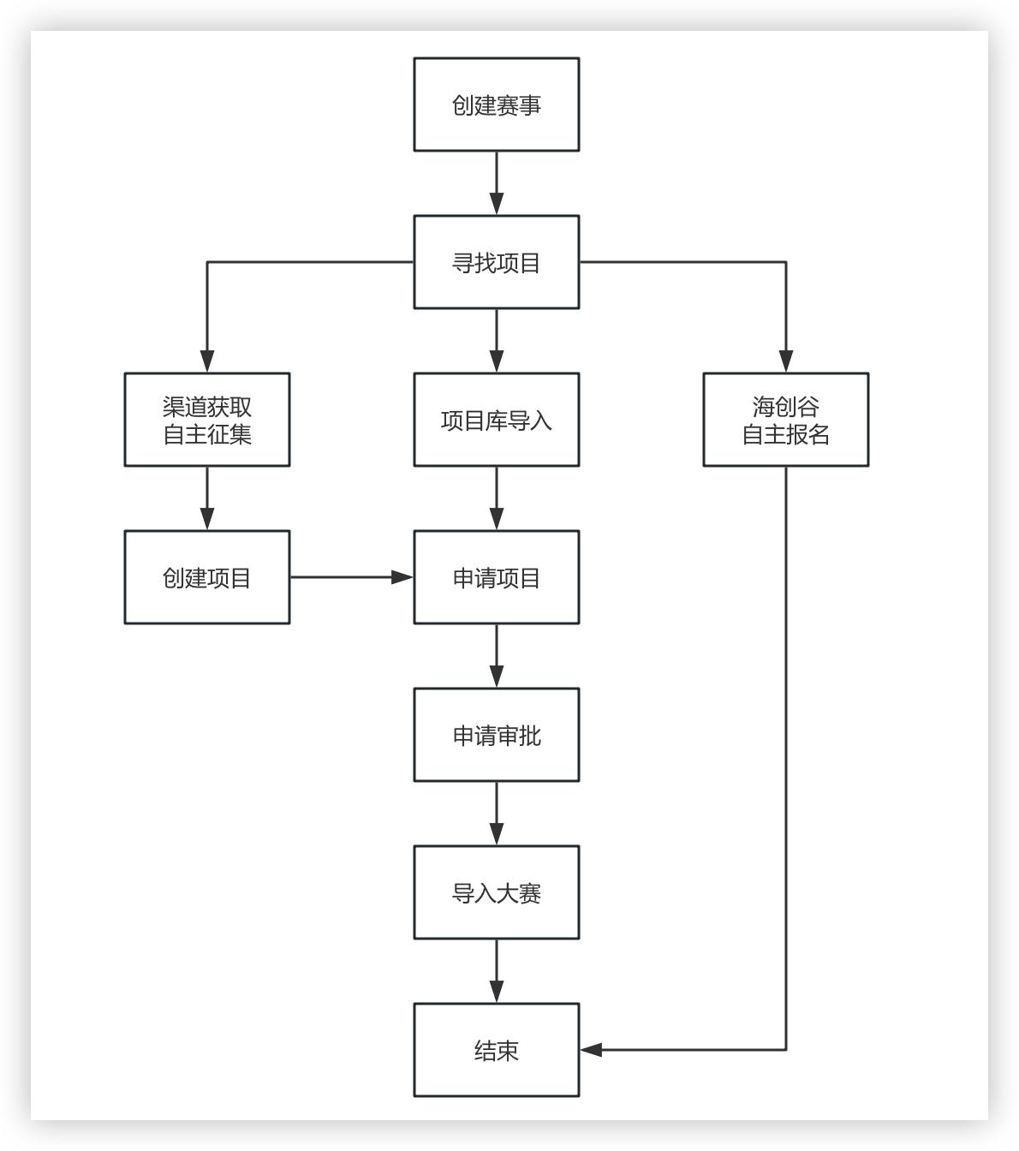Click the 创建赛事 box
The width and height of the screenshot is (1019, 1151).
(x=497, y=104)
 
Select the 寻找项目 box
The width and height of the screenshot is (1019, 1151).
(x=497, y=262)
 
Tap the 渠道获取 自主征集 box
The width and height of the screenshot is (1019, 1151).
(x=207, y=420)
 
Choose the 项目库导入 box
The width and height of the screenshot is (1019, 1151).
(x=497, y=420)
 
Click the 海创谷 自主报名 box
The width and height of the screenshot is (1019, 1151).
(x=786, y=420)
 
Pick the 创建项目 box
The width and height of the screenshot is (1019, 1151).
(x=207, y=577)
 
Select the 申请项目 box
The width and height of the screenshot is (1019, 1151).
(x=497, y=577)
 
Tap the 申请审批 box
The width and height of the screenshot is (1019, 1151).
(x=497, y=735)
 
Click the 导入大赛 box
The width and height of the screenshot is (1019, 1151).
(x=497, y=892)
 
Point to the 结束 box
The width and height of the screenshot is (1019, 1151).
(x=497, y=1050)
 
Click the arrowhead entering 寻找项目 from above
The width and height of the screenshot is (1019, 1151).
(x=497, y=204)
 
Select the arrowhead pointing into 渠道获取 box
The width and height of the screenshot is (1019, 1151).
(x=207, y=361)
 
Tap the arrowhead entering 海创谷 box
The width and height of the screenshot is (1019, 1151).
(x=786, y=361)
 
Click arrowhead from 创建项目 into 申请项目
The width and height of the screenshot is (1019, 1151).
(x=402, y=577)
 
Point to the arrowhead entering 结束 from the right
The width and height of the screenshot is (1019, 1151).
(x=592, y=1050)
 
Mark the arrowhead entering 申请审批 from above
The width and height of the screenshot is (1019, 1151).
(x=497, y=677)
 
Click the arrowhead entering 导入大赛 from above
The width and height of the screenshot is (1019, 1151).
(x=497, y=834)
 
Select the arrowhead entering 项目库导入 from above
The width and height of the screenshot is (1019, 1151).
(x=497, y=361)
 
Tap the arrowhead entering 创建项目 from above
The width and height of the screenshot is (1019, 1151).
(x=207, y=519)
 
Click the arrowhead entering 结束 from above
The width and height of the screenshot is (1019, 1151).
(x=497, y=992)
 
